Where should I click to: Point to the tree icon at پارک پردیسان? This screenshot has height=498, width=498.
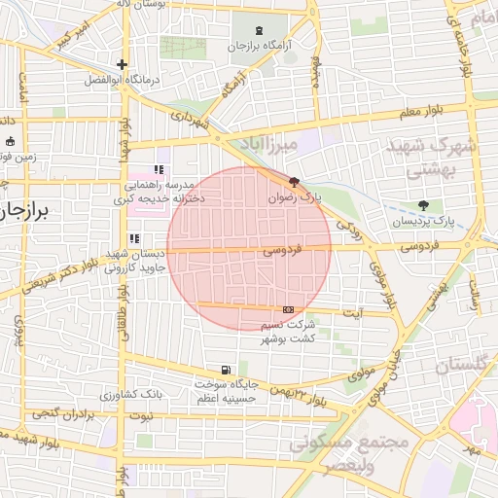pyautogui.click(x=422, y=205)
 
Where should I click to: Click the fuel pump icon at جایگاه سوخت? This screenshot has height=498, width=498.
pyautogui.click(x=226, y=370)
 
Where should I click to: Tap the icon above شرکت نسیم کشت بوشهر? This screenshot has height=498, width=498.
pyautogui.click(x=287, y=308)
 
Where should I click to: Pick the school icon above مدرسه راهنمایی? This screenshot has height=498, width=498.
pyautogui.click(x=159, y=170)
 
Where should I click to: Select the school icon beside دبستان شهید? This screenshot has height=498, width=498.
pyautogui.click(x=134, y=238)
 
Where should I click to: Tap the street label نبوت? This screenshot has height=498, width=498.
pyautogui.click(x=143, y=416)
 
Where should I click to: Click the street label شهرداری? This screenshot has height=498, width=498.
pyautogui.click(x=191, y=120)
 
